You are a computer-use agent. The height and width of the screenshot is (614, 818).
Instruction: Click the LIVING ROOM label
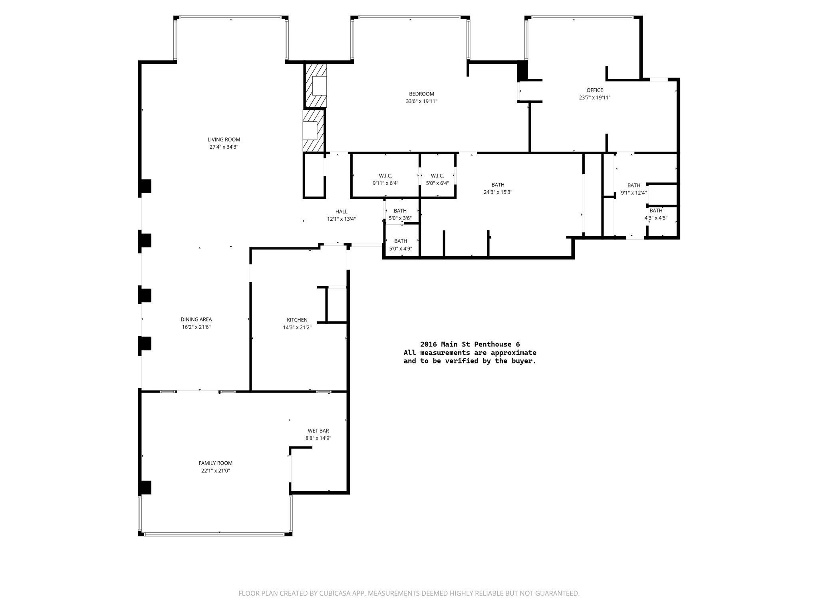pos(224,140)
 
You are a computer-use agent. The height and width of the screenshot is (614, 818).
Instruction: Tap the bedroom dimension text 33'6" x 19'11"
pos(421,102)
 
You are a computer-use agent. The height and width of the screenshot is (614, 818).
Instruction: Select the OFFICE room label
pos(595,90)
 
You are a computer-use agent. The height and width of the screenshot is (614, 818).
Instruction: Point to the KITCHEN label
pos(297,320)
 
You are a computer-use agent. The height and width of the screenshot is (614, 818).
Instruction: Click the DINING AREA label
pos(196,319)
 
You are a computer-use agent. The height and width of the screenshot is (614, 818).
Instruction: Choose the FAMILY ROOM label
pos(216,463)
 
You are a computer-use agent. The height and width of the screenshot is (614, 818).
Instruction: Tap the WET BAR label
pos(318,431)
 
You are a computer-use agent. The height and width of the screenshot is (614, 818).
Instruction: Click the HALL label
pos(341,212)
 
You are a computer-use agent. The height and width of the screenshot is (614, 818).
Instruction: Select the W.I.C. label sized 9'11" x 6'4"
pos(385,176)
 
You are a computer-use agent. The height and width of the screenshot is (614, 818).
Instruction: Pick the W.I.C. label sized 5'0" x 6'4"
pos(437,176)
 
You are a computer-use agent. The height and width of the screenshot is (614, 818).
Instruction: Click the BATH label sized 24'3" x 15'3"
pos(498,185)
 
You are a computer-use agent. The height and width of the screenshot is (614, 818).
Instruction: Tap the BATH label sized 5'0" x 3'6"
pos(400,211)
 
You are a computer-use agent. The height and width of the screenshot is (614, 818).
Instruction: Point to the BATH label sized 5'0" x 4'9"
pos(401,241)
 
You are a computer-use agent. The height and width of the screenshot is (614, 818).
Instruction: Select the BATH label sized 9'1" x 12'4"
pos(634,185)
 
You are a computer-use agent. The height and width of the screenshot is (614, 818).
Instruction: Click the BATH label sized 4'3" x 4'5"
pos(656,211)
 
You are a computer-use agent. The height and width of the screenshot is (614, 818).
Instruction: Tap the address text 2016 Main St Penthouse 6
pos(470,344)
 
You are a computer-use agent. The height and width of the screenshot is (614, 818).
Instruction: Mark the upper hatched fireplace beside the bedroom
pos(316,86)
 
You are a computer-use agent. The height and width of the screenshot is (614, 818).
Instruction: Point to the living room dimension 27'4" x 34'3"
pos(224,147)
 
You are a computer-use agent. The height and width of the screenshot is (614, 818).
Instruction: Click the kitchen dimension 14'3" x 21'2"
pos(297,327)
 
